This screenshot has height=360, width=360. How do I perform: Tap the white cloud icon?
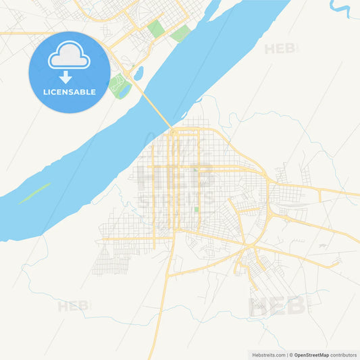pyautogui.click(x=68, y=58)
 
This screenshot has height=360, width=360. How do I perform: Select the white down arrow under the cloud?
pyautogui.click(x=66, y=76)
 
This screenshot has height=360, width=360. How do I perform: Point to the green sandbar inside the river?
pyautogui.click(x=34, y=193)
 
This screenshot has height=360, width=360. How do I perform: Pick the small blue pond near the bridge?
pyautogui.click(x=138, y=72)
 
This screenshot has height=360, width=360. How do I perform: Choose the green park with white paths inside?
pyautogui.click(x=120, y=86)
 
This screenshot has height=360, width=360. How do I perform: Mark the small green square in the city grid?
pyautogui.click(x=197, y=211)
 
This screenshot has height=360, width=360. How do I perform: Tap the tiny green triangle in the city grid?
pyautogui.click(x=196, y=170)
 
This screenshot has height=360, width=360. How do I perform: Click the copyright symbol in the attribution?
pyautogui.click(x=290, y=354)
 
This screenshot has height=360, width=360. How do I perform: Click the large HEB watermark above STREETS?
pyautogui.click(x=176, y=176)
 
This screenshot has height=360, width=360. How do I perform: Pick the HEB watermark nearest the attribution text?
pyautogui.click(x=278, y=306)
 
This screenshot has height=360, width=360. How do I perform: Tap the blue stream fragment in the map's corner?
pyautogui.click(x=341, y=8)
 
